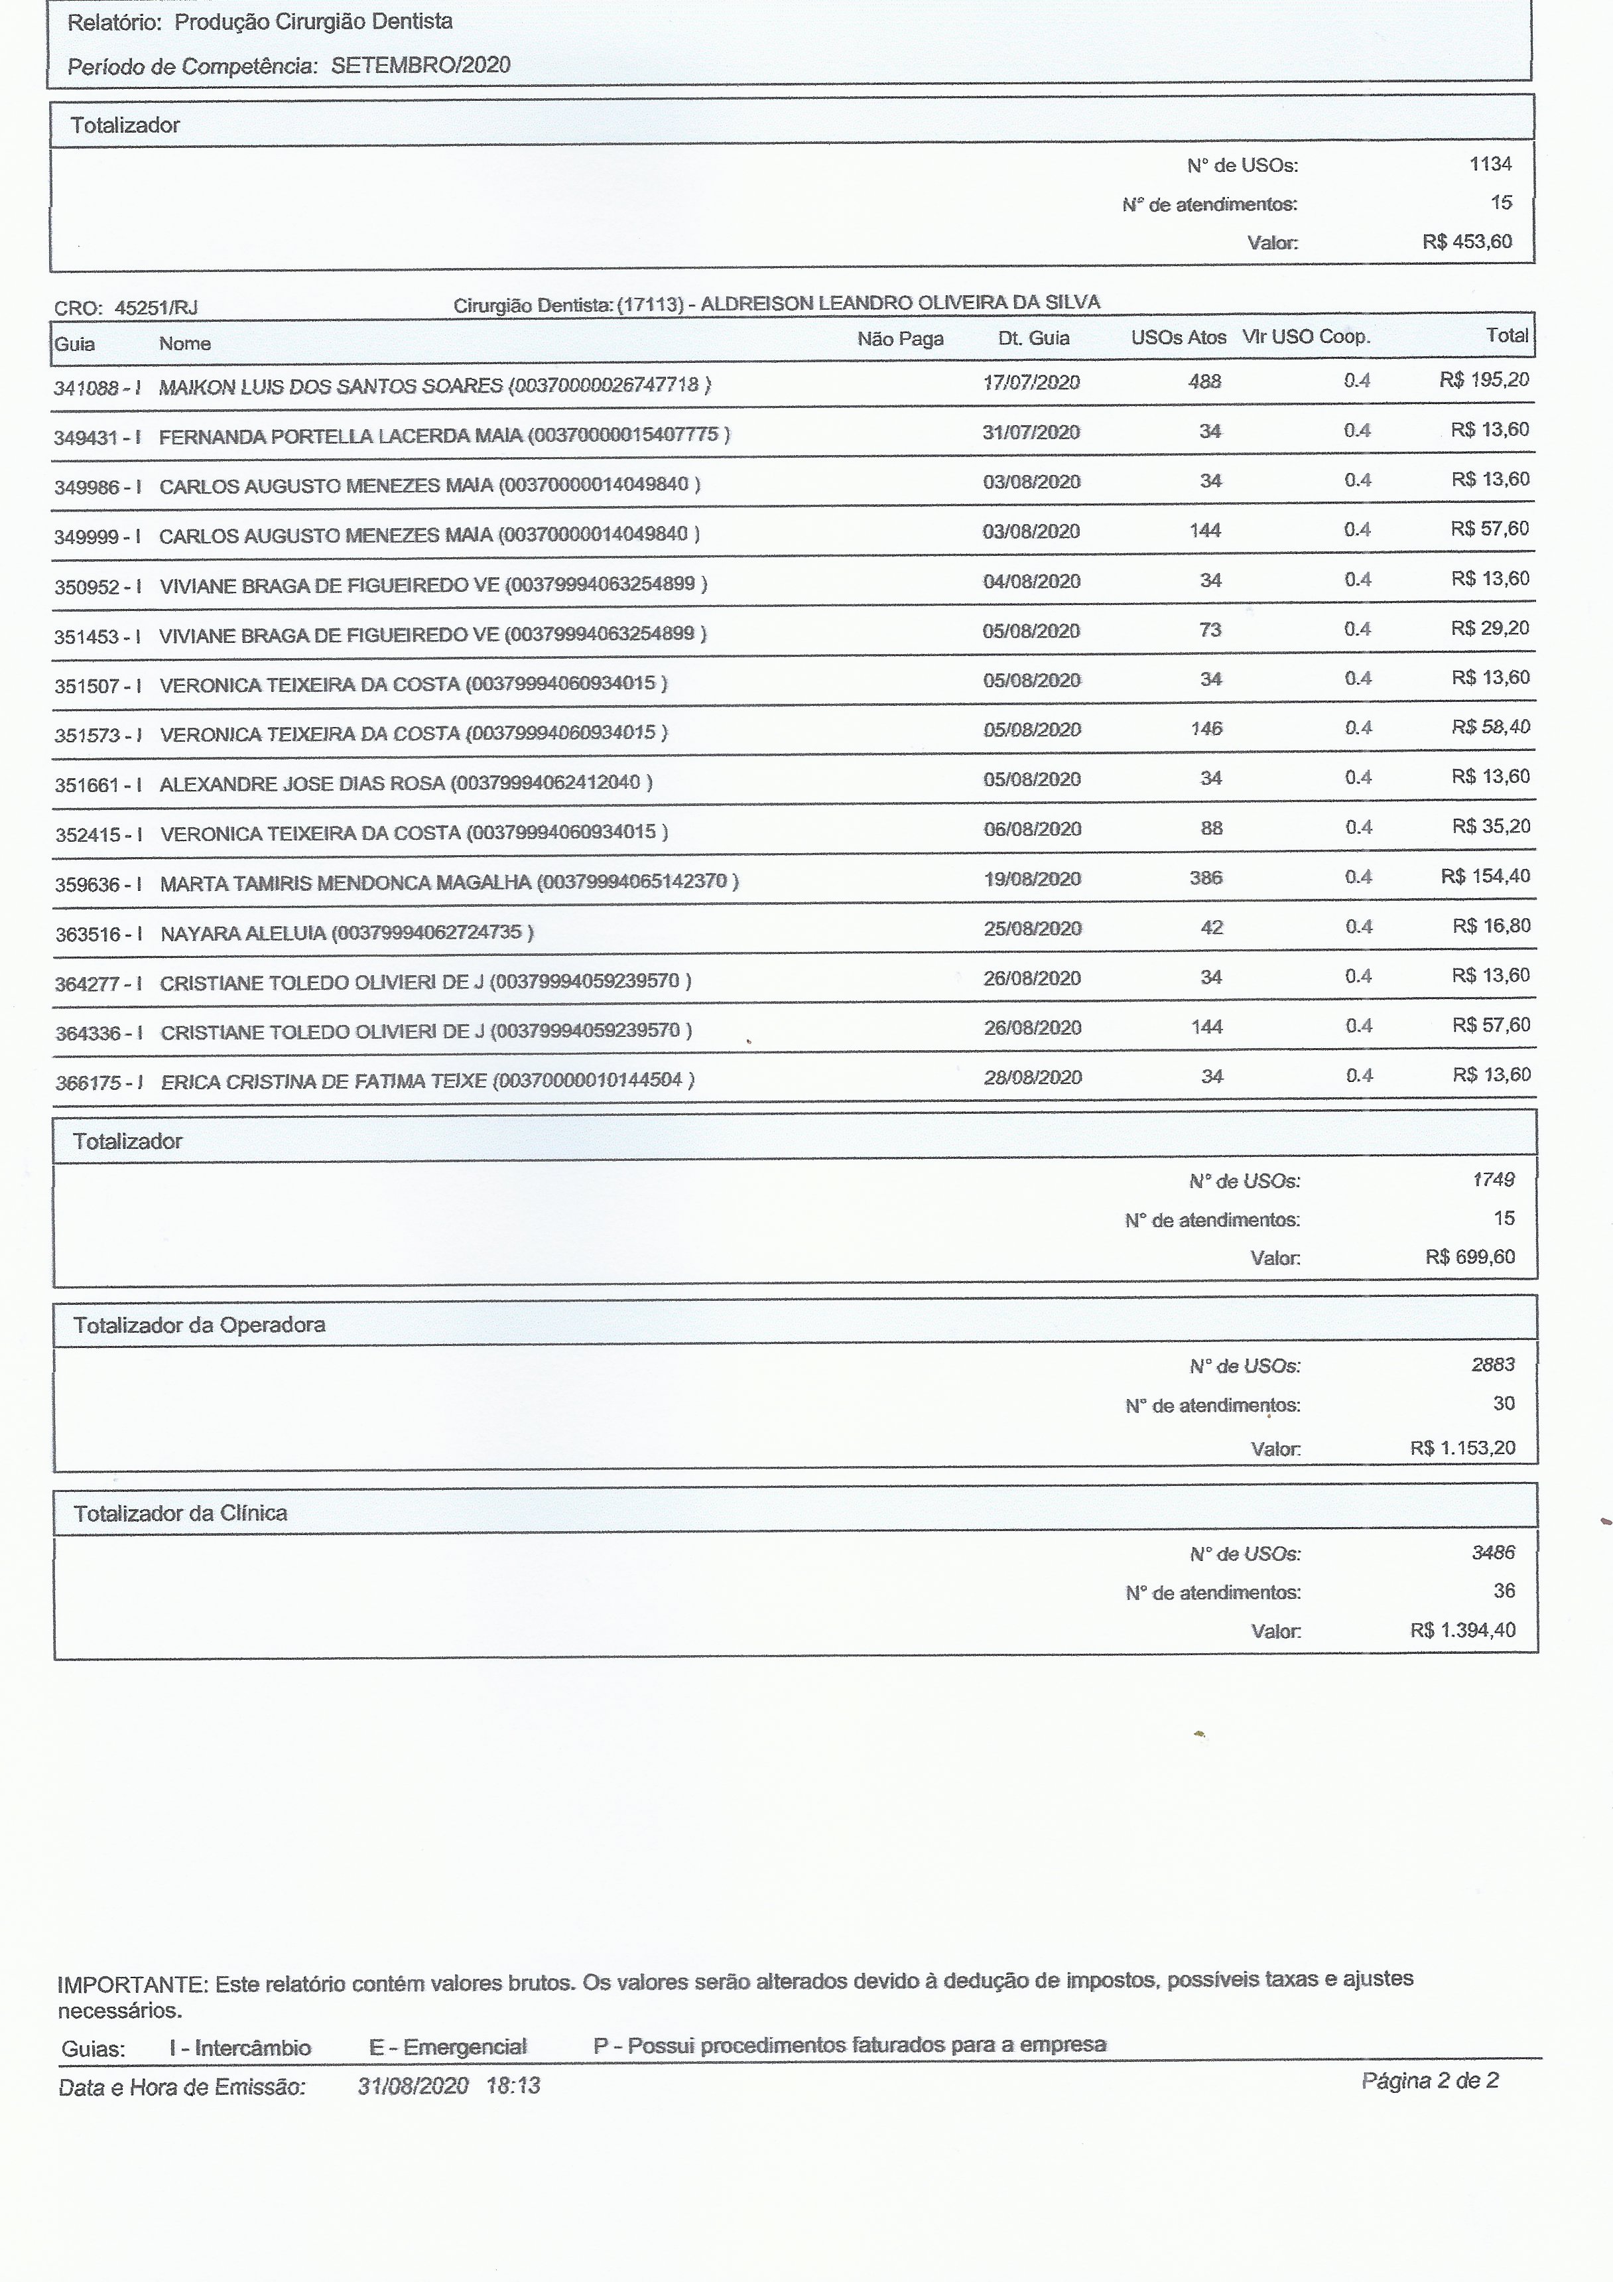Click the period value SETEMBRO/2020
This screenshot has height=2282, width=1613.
420,66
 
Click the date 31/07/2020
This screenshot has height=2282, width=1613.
1031,433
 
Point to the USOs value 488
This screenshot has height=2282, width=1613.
1204,381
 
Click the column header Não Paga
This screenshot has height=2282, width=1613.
901,339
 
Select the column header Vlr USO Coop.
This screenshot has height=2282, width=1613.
1306,337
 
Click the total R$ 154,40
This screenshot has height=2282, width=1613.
1485,876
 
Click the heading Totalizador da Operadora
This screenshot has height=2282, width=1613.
199,1325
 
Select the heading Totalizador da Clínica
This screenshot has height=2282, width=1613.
180,1512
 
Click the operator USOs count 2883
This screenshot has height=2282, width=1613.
1493,1365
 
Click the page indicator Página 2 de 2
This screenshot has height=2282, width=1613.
1429,2080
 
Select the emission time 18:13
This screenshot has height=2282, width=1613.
513,2085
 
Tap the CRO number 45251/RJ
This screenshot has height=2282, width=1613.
156,308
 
